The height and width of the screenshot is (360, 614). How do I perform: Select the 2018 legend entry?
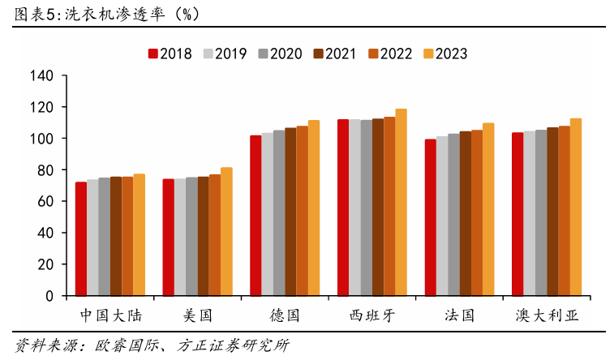pyautogui.click(x=170, y=54)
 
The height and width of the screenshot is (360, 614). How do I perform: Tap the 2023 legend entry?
pyautogui.click(x=444, y=54)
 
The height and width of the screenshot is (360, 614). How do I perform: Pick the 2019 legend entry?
pyautogui.click(x=225, y=54)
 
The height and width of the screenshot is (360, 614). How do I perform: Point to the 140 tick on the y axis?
pyautogui.click(x=41, y=76)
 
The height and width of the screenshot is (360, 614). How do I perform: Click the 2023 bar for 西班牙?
pyautogui.click(x=401, y=202)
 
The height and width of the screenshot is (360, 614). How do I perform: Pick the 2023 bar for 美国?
pyautogui.click(x=226, y=231)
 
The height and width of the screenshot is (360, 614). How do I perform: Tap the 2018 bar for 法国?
pyautogui.click(x=430, y=217)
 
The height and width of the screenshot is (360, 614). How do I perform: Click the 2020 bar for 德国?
pyautogui.click(x=279, y=212)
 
